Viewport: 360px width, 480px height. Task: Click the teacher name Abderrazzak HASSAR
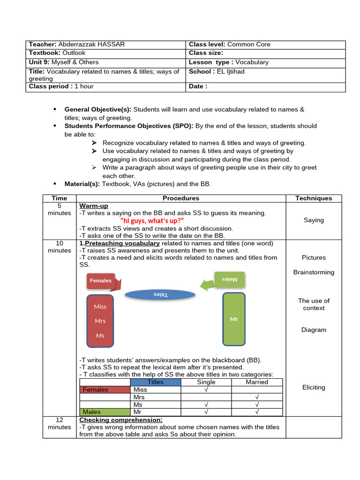tap(91, 45)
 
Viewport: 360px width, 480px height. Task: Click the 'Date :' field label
tap(198, 86)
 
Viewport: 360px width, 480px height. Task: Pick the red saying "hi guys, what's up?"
tap(152, 221)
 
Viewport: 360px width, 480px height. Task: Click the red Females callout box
tap(101, 281)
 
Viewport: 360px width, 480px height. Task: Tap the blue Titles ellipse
tap(160, 294)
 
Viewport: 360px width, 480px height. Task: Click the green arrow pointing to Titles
tap(206, 285)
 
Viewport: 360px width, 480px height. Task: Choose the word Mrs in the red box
tap(100, 321)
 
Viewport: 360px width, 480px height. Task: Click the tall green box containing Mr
tap(234, 319)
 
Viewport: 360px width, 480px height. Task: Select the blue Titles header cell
tap(155, 382)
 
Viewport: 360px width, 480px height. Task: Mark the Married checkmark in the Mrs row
tap(257, 397)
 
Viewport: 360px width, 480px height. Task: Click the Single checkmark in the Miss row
tap(206, 390)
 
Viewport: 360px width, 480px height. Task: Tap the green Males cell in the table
tap(104, 412)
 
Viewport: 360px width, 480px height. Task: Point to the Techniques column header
tap(314, 198)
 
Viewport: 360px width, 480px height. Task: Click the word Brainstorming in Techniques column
tap(314, 272)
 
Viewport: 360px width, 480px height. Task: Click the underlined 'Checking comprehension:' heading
tap(121, 420)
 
